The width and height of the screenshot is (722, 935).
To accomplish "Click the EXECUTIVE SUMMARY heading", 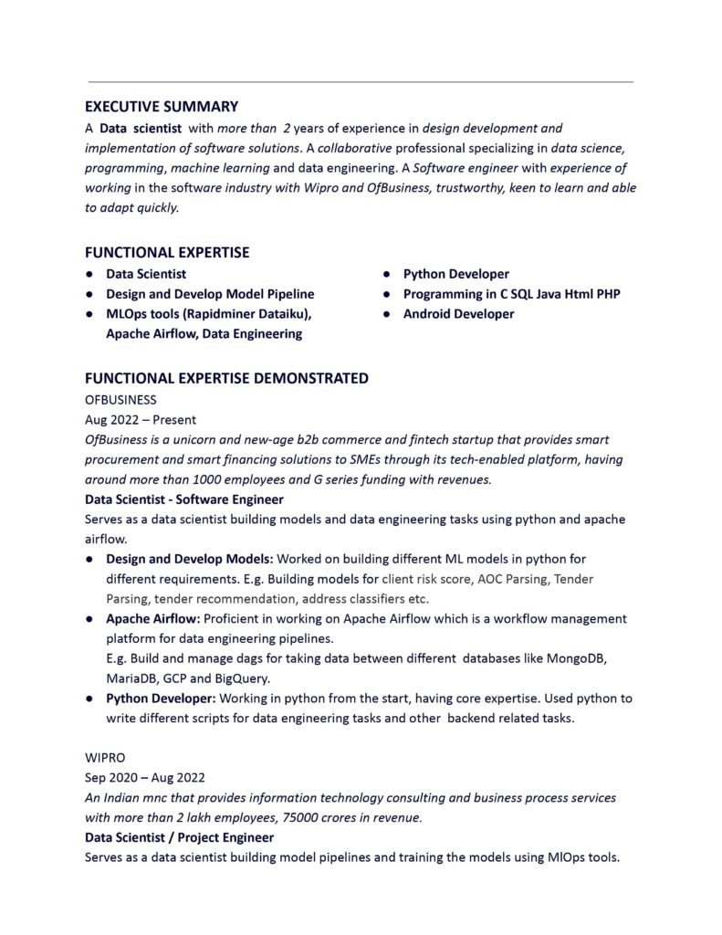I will click(x=162, y=107).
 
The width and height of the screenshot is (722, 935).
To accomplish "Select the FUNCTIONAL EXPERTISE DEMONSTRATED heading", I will click(x=226, y=378).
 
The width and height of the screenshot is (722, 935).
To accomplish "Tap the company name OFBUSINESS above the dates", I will click(x=120, y=400).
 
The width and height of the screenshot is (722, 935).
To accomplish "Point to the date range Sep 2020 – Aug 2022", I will click(x=145, y=778).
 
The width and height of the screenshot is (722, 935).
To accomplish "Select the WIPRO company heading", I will click(x=105, y=758).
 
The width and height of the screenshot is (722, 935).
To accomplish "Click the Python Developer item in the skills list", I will click(x=455, y=274).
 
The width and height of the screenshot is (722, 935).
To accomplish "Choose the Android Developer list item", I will click(x=458, y=314).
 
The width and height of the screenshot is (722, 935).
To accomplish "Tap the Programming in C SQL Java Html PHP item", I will click(x=511, y=294).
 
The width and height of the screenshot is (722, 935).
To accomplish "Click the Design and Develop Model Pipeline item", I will click(x=210, y=294).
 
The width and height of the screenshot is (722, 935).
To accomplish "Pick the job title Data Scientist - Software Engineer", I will click(x=183, y=499).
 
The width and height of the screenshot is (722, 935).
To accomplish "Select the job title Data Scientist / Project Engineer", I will click(x=179, y=837).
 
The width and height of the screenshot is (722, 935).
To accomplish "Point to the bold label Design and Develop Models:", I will click(x=189, y=558).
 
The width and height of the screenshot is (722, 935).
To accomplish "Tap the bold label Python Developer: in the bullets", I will click(x=161, y=699).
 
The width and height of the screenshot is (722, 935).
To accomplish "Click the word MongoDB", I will click(x=581, y=658).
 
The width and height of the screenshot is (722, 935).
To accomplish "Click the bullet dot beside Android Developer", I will click(x=387, y=314).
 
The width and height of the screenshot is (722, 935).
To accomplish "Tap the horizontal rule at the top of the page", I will click(x=361, y=82).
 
